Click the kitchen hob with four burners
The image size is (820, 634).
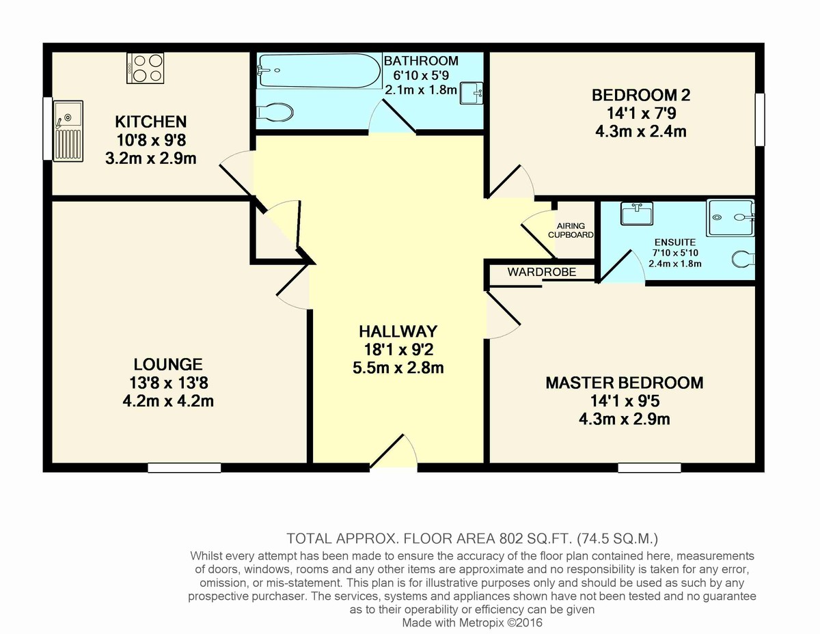pyautogui.click(x=144, y=68)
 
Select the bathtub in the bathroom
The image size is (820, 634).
pyautogui.click(x=318, y=71)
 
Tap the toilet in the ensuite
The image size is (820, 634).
pyautogui.click(x=743, y=259)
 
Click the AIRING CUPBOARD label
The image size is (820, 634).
pyautogui.click(x=571, y=230)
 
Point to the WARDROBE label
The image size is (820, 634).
pyautogui.click(x=541, y=272)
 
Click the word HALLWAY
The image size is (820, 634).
pyautogui.click(x=398, y=332)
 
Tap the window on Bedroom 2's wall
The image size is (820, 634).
pyautogui.click(x=759, y=120)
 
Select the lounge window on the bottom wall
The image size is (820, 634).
pyautogui.click(x=184, y=468)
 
